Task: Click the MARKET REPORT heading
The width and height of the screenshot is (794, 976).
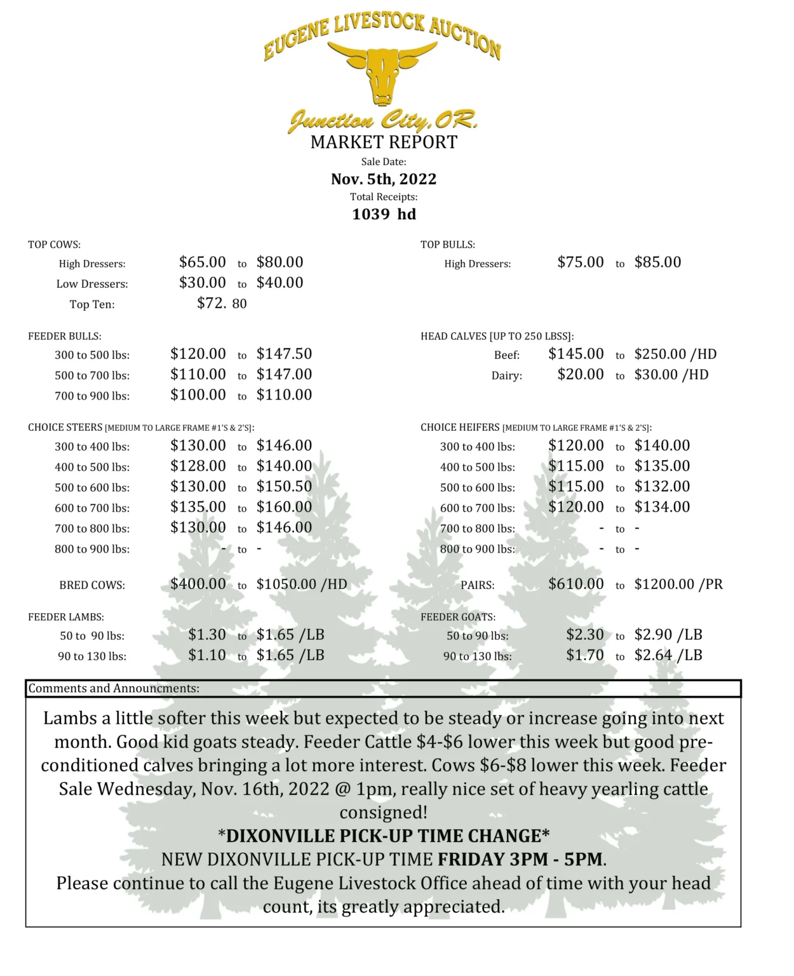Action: (384, 142)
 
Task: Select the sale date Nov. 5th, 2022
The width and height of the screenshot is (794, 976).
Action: (384, 179)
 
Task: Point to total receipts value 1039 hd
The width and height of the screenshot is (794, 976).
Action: (384, 214)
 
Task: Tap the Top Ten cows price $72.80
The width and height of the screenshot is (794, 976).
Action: (222, 303)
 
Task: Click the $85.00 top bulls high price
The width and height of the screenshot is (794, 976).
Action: (657, 262)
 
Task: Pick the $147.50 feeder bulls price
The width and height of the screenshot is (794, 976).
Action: (284, 354)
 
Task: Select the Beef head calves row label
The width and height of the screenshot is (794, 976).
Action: (507, 355)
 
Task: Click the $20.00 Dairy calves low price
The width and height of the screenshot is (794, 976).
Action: (580, 375)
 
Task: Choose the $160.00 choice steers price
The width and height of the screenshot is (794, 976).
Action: (284, 507)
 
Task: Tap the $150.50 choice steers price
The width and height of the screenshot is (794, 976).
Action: (284, 487)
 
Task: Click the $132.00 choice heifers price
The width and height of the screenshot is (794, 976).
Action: (662, 487)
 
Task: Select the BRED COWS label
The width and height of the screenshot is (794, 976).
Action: (92, 585)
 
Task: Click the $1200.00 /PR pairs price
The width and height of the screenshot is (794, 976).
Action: (678, 585)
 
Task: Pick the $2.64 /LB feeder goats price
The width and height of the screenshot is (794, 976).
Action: (668, 655)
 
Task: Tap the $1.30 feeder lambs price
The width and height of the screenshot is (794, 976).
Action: (207, 635)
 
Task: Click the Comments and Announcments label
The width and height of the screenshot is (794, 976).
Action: (114, 689)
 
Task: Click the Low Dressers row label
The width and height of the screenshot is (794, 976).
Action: (92, 284)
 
